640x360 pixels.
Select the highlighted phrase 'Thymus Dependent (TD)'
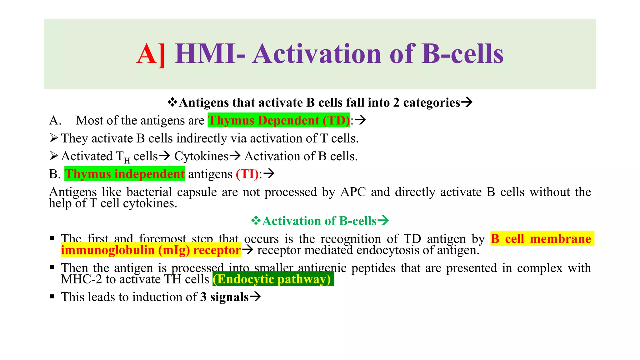click(279, 120)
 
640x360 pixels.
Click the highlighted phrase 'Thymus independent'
click(125, 174)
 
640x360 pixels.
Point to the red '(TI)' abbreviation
click(247, 174)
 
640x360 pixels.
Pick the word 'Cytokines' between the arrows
click(201, 156)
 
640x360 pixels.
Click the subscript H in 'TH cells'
click(127, 161)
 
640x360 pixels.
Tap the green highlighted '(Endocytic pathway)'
click(273, 279)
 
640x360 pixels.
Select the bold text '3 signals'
click(224, 297)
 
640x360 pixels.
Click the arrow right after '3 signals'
click(255, 297)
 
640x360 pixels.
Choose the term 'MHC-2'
click(81, 279)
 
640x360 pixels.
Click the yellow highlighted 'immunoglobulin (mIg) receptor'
click(151, 250)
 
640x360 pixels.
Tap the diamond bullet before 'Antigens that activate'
click(172, 102)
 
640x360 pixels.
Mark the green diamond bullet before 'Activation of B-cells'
click(256, 221)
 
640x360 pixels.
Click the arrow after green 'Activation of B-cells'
click(383, 221)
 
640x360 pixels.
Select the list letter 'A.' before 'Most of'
click(55, 121)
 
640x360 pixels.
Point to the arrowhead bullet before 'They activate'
click(54, 138)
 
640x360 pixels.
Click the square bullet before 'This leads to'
click(52, 297)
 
